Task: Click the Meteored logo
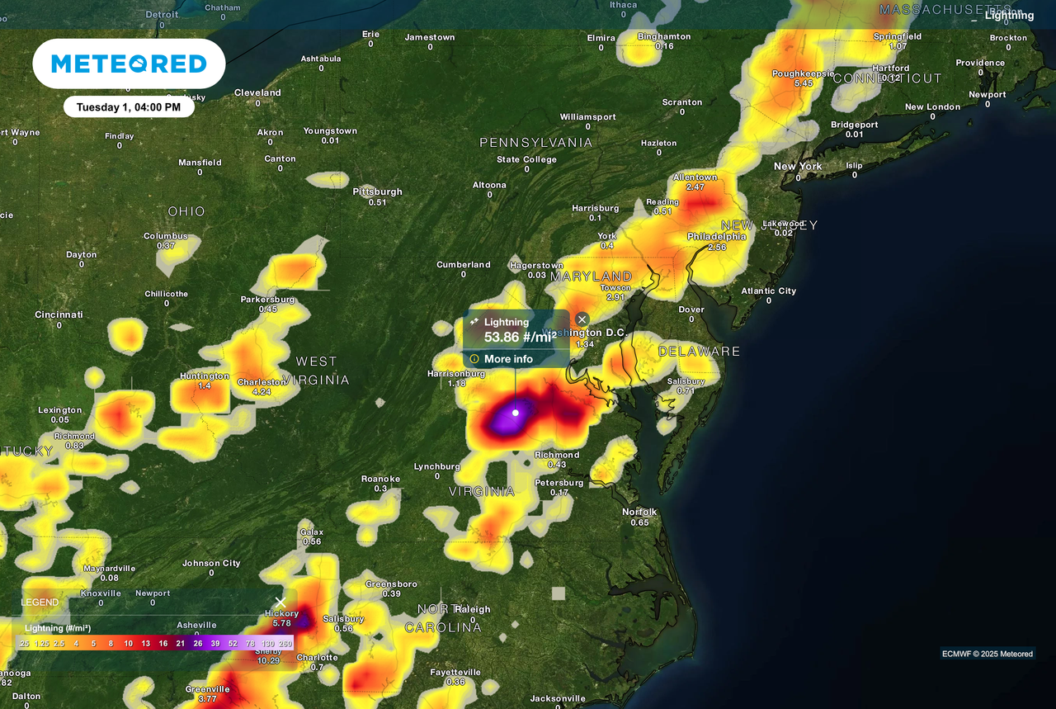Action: (x=129, y=64)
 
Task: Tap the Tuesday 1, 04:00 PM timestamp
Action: (x=129, y=107)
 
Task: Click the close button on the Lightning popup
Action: (x=582, y=319)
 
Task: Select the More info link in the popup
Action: (x=508, y=359)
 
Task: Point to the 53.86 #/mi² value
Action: (x=520, y=337)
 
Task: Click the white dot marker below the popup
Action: (x=516, y=413)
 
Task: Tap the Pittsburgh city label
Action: (x=378, y=191)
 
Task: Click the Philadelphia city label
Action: (x=717, y=237)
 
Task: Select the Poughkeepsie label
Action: (x=803, y=73)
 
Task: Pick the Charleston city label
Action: (x=262, y=382)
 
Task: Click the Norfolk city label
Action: (x=639, y=512)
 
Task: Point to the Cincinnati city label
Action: (x=59, y=314)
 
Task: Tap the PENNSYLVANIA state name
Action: (x=536, y=143)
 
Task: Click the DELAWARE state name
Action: (x=699, y=352)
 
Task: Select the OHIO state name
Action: (x=186, y=211)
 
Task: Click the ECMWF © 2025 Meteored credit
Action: (x=988, y=654)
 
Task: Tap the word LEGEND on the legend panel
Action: (x=40, y=603)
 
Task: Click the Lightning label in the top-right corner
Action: (x=1009, y=15)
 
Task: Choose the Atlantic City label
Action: (x=769, y=291)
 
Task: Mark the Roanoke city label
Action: (x=380, y=479)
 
